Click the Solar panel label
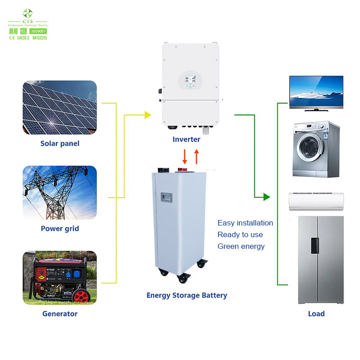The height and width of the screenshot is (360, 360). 60,144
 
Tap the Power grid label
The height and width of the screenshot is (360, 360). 60,229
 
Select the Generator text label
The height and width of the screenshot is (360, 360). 60,314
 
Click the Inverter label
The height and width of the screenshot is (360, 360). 186,139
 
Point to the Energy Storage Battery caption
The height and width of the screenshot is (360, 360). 187,296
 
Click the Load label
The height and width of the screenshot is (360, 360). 316,314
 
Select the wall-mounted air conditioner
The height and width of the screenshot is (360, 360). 316,201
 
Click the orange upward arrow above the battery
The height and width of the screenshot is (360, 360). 196,156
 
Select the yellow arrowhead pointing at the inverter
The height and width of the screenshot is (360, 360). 148,115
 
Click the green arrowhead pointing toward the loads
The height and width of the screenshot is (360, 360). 266,197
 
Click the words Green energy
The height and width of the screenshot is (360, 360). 241,247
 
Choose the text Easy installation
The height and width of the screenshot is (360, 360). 245,223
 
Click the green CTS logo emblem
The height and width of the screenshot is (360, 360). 28,13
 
